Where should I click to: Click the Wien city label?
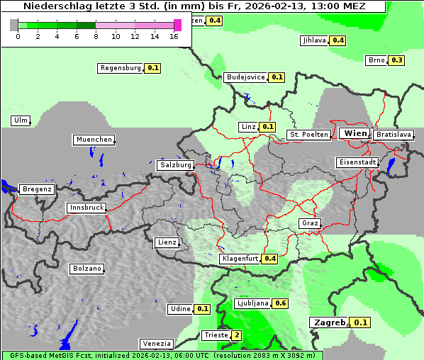pyautogui.click(x=355, y=133)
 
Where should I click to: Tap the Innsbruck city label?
pyautogui.click(x=87, y=208)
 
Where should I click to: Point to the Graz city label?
pyautogui.click(x=310, y=223)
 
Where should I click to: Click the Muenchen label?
pyautogui.click(x=94, y=140)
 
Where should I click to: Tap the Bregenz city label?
pyautogui.click(x=37, y=189)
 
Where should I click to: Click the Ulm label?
pyautogui.click(x=20, y=120)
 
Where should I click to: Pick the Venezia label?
pyautogui.click(x=155, y=344)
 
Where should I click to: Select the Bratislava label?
pyautogui.click(x=393, y=134)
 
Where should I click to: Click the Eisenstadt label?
pyautogui.click(x=357, y=162)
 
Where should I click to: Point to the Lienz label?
pyautogui.click(x=167, y=242)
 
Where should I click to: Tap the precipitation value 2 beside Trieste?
pyautogui.click(x=237, y=335)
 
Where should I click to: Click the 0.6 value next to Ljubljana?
pyautogui.click(x=281, y=303)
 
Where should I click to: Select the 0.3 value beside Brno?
pyautogui.click(x=396, y=60)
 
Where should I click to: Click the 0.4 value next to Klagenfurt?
pyautogui.click(x=270, y=259)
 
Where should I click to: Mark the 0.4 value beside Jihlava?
pyautogui.click(x=338, y=40)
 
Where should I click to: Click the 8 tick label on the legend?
pyautogui.click(x=96, y=35)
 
